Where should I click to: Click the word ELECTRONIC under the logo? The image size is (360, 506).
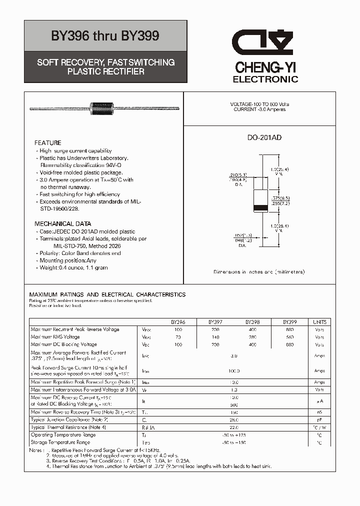pos(265,79)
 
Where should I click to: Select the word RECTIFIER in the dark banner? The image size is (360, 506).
pos(125,71)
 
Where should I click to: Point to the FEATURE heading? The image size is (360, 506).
pos(48,143)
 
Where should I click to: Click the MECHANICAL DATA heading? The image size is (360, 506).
pos(62,224)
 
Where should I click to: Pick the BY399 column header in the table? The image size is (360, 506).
pos(290,322)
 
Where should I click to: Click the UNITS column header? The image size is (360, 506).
pos(319,322)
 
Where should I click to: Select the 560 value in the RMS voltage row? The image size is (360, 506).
pos(290,337)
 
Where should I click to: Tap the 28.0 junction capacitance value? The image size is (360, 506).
pos(234,420)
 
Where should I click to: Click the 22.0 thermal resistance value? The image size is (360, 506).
pos(234,427)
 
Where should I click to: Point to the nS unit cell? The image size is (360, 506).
pos(319,412)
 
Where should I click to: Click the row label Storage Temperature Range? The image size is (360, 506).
pos(60,442)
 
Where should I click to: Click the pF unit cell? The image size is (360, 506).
pos(319,420)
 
